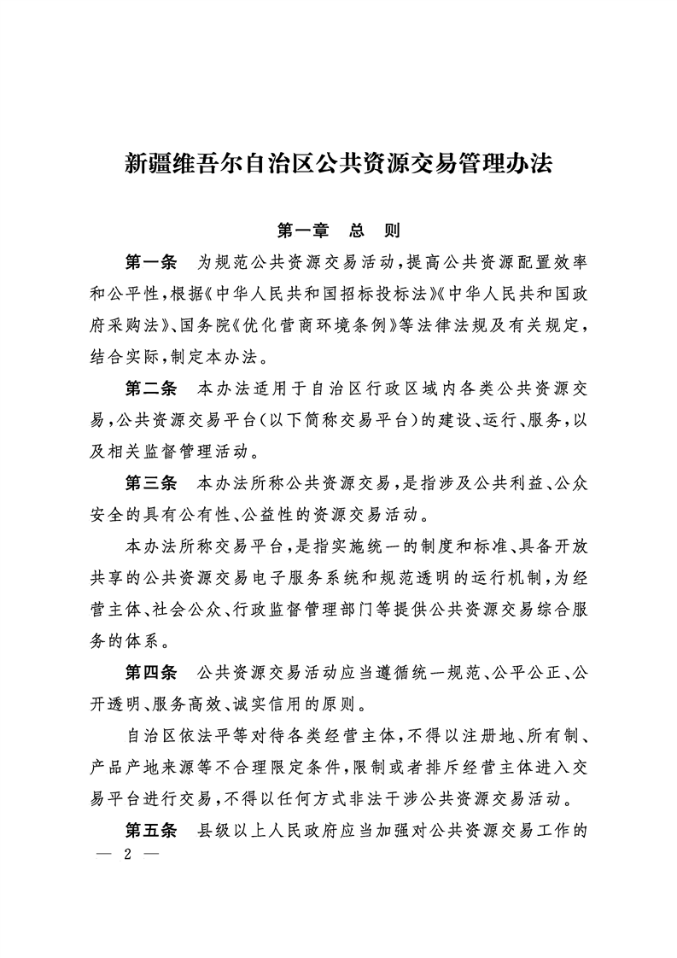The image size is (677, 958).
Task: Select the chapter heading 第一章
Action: point(304,231)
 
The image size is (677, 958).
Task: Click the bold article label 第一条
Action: point(150,260)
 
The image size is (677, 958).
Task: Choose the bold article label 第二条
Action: point(150,389)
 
